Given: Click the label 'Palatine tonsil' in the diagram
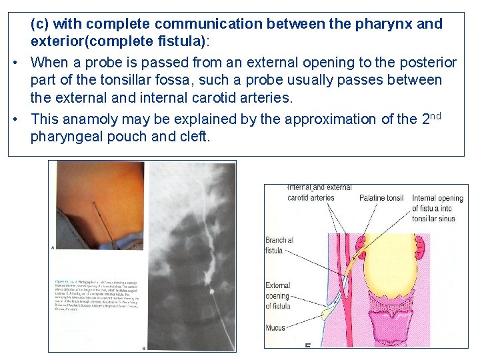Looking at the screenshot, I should [381, 198].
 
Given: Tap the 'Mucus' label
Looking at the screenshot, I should [275, 327].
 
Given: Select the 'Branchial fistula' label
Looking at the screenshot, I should [279, 245].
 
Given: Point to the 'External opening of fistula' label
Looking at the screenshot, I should [277, 295].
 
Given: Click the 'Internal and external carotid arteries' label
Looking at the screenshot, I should [311, 193].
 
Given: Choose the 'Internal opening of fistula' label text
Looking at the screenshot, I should [437, 208].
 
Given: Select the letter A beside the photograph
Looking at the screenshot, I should [53, 247].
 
